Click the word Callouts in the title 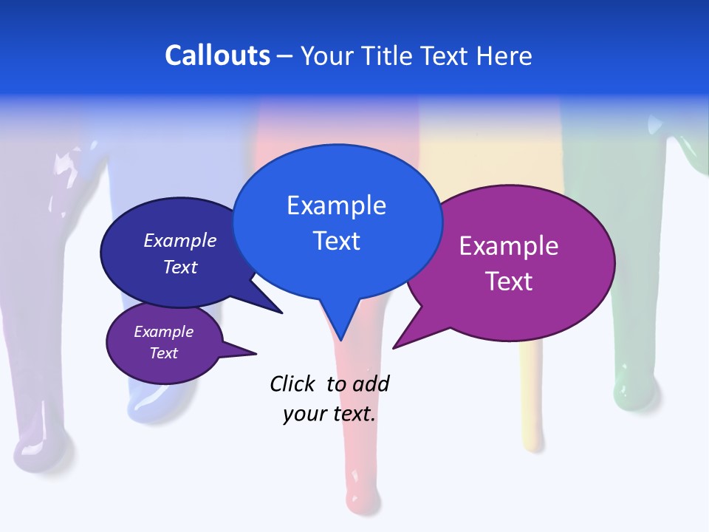(217, 55)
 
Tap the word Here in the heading (504, 55)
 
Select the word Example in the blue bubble (336, 205)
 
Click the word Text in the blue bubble (336, 240)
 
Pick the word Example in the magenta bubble (509, 246)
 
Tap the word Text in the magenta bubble (509, 281)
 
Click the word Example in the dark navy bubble (180, 240)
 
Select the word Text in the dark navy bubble (180, 267)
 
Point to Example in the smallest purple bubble (163, 332)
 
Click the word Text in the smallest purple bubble (163, 353)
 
